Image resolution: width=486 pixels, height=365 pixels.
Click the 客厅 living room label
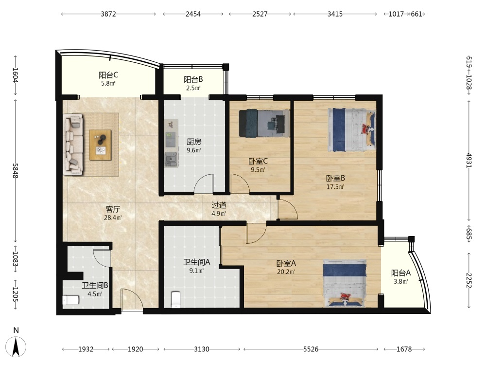point(113,209)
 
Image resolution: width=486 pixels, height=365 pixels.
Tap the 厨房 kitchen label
point(194,142)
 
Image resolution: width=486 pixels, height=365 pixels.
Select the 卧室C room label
point(258,161)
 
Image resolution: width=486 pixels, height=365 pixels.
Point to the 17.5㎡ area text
point(335,187)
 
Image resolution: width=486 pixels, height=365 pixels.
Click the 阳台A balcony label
point(401,273)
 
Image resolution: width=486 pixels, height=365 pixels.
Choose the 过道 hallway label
point(219,205)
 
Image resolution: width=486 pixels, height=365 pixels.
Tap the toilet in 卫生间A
point(176,299)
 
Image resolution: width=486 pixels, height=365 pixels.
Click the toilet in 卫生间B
point(71,300)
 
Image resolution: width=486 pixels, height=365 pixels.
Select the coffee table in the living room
point(100,145)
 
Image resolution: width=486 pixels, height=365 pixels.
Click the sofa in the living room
point(73,145)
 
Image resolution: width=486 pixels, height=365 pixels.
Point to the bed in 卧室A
point(345,283)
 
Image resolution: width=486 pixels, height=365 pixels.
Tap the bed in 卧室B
point(352,130)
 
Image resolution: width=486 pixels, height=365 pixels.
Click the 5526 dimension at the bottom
point(311,349)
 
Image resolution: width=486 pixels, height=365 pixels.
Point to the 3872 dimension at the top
point(108,14)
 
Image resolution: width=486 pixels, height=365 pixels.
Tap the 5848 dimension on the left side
point(15,171)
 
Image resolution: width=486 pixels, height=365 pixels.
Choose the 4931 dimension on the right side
point(469,160)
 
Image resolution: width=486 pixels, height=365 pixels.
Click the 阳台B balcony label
point(193,80)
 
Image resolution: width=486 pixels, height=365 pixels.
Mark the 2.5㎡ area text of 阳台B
point(193,88)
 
